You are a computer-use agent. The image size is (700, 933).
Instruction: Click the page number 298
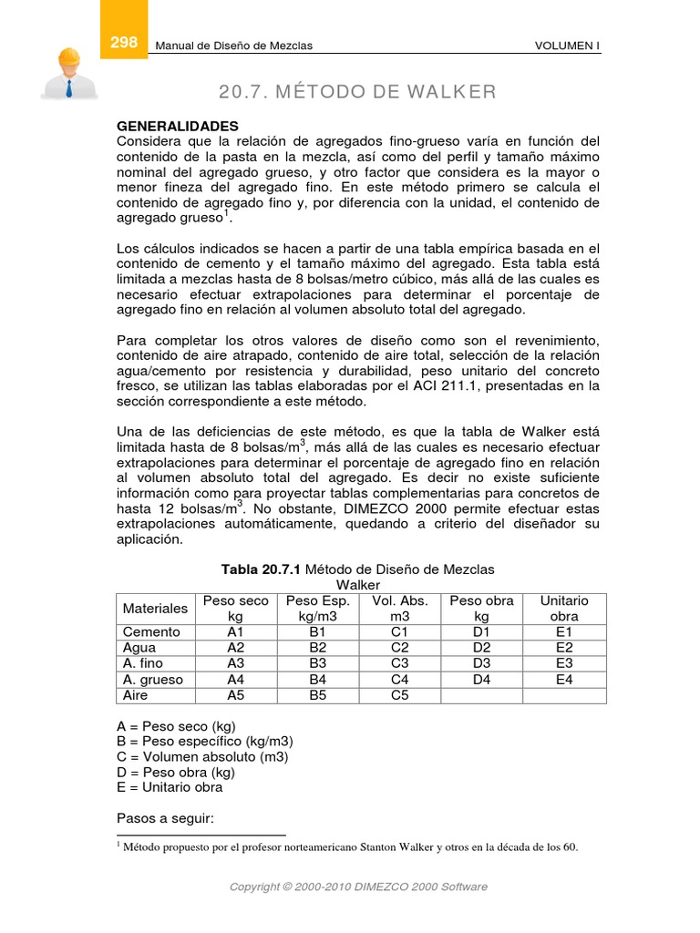tap(123, 43)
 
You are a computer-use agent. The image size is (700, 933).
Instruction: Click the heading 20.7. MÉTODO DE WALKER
tap(357, 92)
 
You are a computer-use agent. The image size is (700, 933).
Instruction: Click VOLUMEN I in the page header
tap(567, 46)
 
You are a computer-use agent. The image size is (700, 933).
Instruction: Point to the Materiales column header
tap(155, 608)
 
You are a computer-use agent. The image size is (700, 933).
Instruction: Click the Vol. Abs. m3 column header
tap(400, 608)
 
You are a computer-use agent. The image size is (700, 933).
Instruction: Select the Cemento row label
tap(151, 631)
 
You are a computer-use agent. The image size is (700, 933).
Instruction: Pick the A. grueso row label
tap(153, 679)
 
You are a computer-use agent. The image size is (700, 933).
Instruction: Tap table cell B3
tap(318, 662)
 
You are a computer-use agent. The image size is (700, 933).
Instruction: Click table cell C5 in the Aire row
tap(400, 694)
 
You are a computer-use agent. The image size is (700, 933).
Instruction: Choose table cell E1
tap(564, 631)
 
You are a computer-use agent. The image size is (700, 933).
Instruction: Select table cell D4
tap(481, 679)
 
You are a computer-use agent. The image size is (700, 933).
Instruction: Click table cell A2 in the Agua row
tap(236, 647)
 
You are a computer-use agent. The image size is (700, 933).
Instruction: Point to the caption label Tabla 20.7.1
tap(262, 569)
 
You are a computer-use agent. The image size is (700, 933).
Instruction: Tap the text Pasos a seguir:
tap(165, 818)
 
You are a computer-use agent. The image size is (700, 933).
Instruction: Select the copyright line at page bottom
tap(357, 887)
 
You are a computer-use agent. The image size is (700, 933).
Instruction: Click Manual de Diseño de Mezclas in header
tap(235, 46)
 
